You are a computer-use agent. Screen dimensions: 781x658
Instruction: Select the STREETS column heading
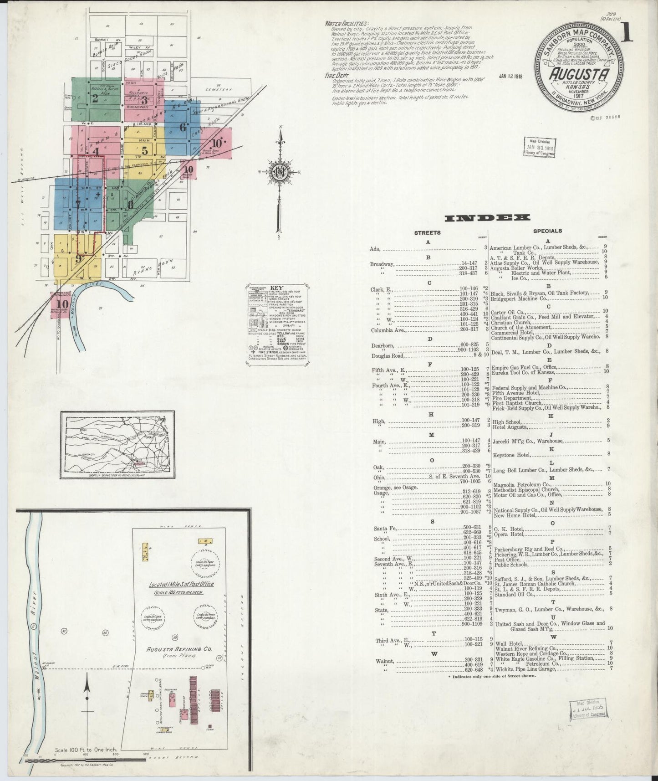tap(427, 233)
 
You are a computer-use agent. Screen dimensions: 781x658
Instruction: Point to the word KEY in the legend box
tap(276, 288)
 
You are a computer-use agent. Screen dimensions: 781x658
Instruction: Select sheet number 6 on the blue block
tap(183, 128)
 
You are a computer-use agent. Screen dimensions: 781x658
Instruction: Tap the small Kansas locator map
tap(117, 445)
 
